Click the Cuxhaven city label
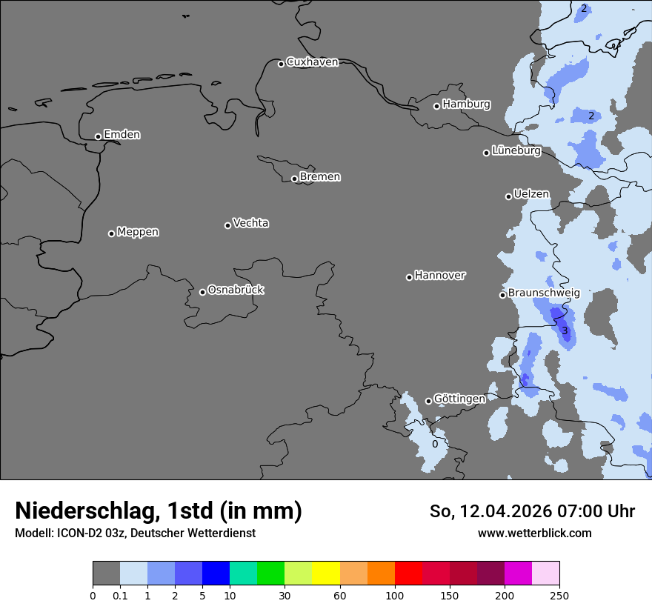[312, 62]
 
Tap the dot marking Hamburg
[436, 106]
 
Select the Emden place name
[122, 135]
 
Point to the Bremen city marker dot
[294, 179]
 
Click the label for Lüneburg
[516, 150]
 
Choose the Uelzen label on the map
[531, 194]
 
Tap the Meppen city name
[138, 232]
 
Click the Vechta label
[250, 223]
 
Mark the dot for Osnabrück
[202, 292]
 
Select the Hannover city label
[439, 276]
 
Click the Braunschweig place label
[544, 293]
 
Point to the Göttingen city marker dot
[428, 402]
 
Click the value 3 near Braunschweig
[565, 330]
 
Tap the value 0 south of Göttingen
[435, 445]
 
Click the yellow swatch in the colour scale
[326, 574]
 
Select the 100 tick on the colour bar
[394, 595]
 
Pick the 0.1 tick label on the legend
[120, 595]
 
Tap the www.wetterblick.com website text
[534, 533]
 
